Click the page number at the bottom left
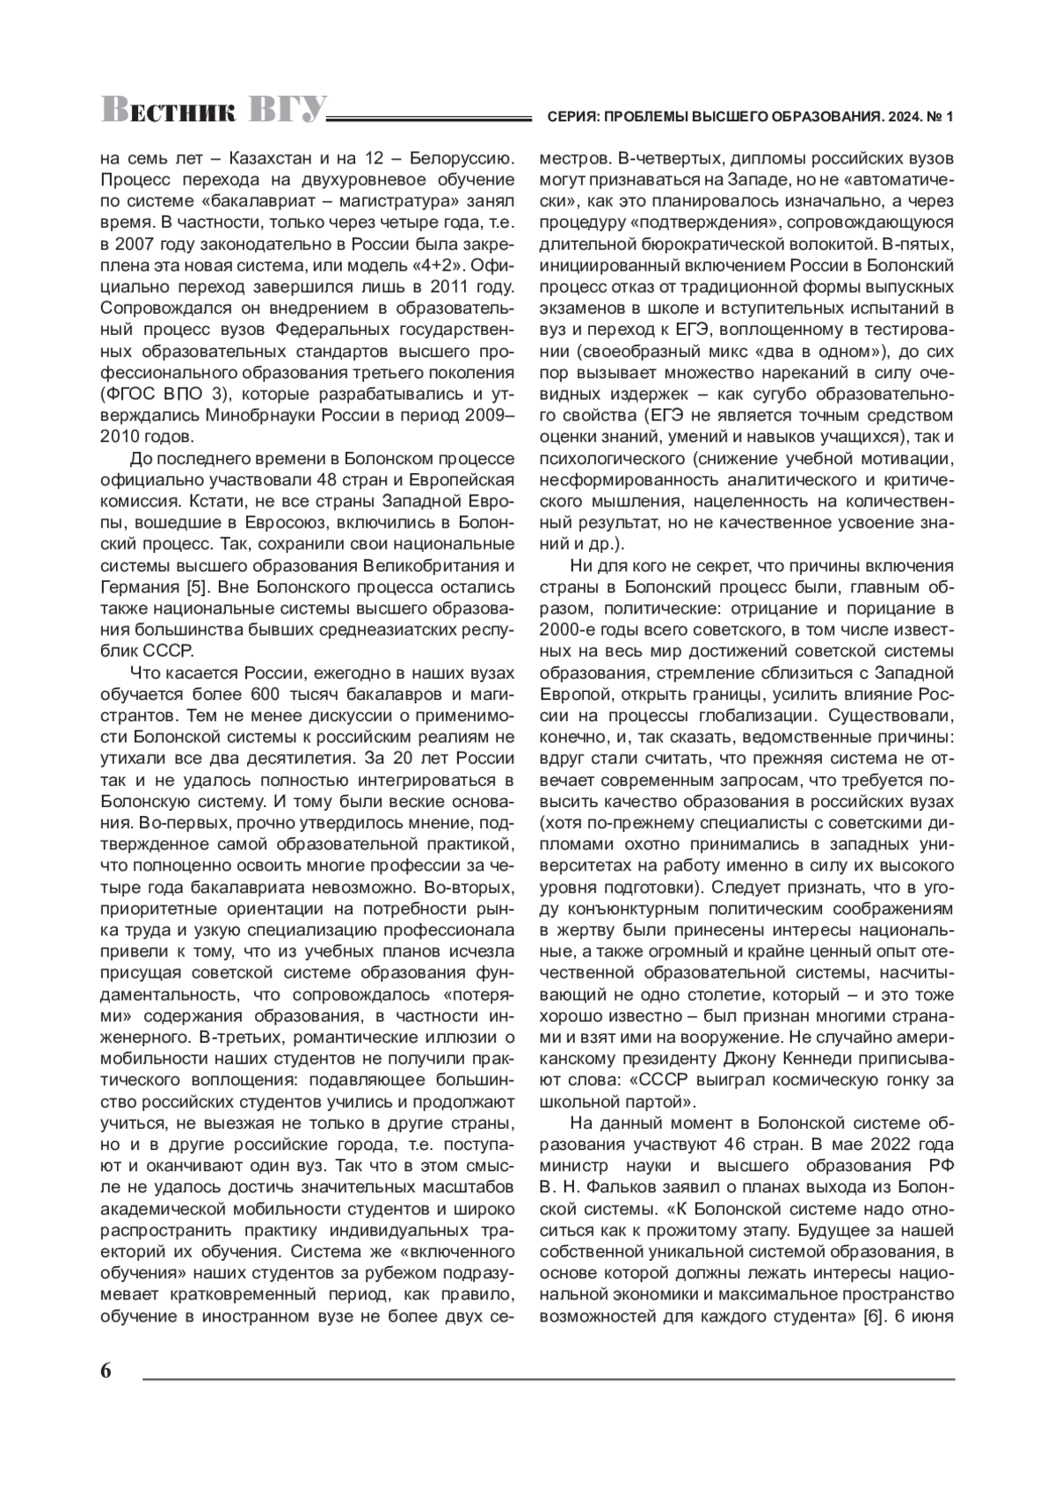tap(106, 1372)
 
